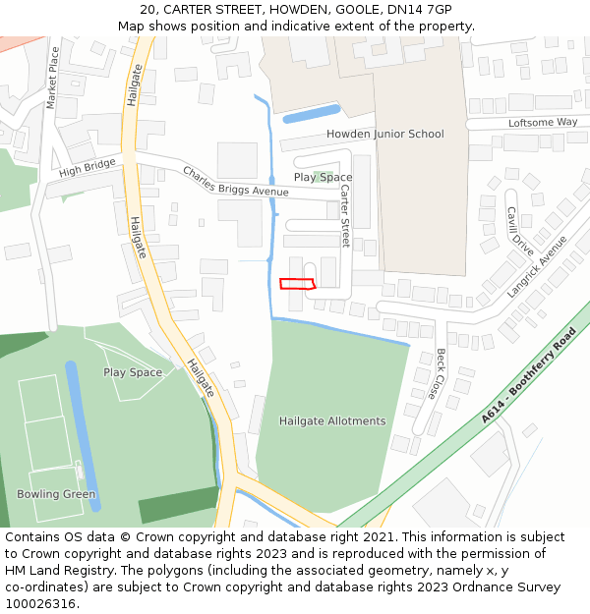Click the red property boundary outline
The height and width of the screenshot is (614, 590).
coord(297,284)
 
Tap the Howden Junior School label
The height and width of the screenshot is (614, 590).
coord(384,134)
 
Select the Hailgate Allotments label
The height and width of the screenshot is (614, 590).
coord(332,420)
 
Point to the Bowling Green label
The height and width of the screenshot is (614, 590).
coord(56,494)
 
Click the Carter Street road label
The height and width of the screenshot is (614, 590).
coord(345,215)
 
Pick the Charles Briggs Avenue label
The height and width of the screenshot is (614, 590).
coord(235,181)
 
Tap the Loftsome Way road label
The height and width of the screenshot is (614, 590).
coord(543,122)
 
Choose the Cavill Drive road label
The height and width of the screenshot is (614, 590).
coord(520,230)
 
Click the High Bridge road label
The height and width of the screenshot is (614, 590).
coord(87,167)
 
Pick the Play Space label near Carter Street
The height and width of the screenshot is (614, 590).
coord(323,178)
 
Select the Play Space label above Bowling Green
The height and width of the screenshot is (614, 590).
coord(133,372)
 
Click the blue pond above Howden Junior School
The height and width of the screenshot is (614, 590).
coord(311,114)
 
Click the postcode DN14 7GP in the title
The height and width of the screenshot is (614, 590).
coord(410,9)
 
